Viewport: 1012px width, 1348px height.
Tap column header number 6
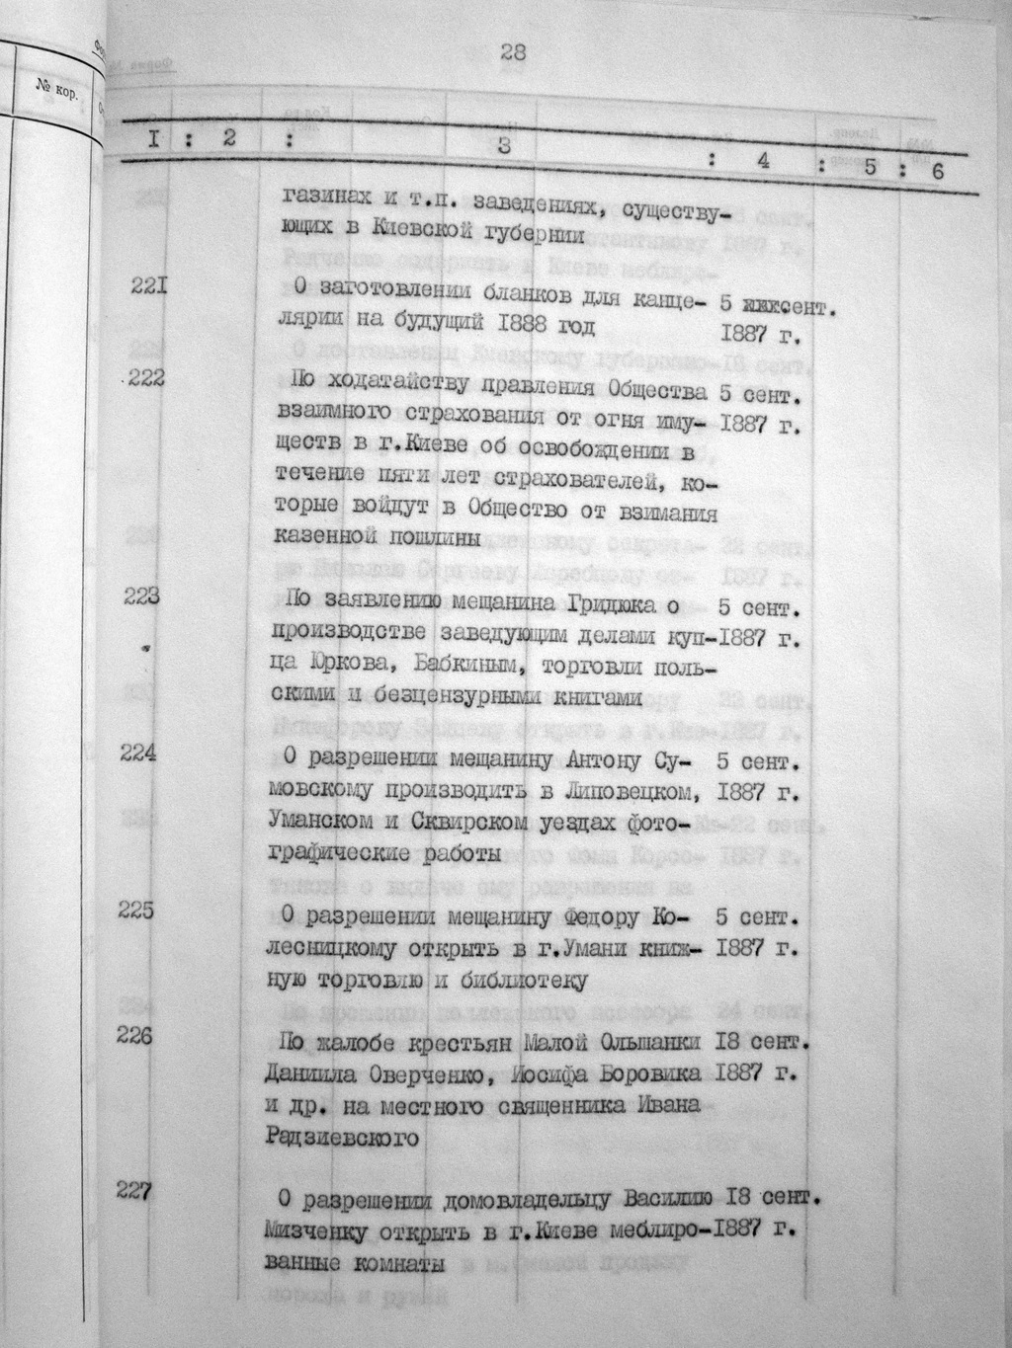(x=937, y=171)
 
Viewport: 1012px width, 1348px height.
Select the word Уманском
(x=324, y=821)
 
